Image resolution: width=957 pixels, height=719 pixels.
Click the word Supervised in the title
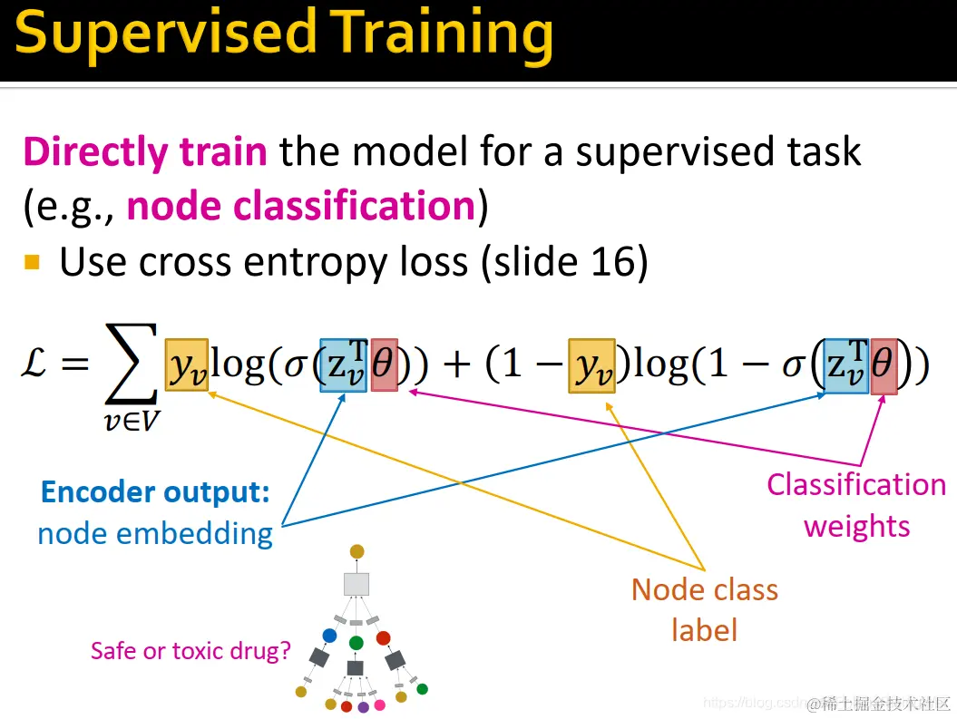pos(166,34)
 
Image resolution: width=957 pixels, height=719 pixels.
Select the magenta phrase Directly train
pos(144,151)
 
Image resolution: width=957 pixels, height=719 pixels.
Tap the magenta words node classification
pos(301,206)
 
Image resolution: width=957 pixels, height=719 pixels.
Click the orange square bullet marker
pos(32,262)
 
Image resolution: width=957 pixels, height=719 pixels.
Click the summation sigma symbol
pos(132,364)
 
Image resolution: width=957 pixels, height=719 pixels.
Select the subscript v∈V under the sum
pos(132,420)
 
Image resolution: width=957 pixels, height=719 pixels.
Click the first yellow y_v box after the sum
pos(187,364)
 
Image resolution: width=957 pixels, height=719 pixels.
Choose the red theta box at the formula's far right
pos(884,366)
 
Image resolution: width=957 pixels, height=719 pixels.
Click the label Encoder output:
pos(155,491)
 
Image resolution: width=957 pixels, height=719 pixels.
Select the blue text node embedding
pos(155,534)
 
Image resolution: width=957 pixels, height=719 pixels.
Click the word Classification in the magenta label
pos(856,485)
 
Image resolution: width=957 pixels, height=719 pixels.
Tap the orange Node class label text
pos(704,610)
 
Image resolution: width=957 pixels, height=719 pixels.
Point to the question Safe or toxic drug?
pos(190,651)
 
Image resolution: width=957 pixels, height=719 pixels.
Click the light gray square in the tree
pos(356,584)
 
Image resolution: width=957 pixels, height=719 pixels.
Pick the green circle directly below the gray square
pos(356,643)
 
